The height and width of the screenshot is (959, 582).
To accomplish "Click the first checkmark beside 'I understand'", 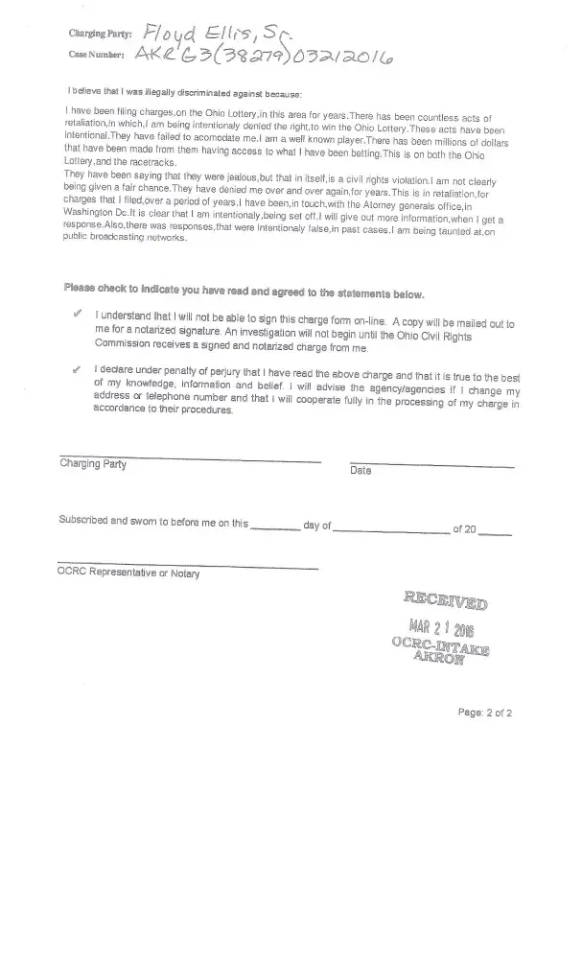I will (x=76, y=315).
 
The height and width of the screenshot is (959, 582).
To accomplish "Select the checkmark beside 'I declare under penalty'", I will (x=76, y=368).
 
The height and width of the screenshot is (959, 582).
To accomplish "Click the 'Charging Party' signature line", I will (x=190, y=455).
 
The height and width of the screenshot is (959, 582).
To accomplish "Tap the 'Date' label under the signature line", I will (x=361, y=471).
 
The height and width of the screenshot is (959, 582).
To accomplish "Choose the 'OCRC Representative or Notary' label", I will (x=129, y=573).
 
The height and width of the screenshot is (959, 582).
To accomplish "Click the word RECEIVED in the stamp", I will (x=445, y=602).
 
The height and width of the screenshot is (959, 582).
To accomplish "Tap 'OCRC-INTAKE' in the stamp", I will (x=439, y=647).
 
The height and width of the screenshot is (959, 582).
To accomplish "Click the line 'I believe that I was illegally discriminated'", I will (x=184, y=93).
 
